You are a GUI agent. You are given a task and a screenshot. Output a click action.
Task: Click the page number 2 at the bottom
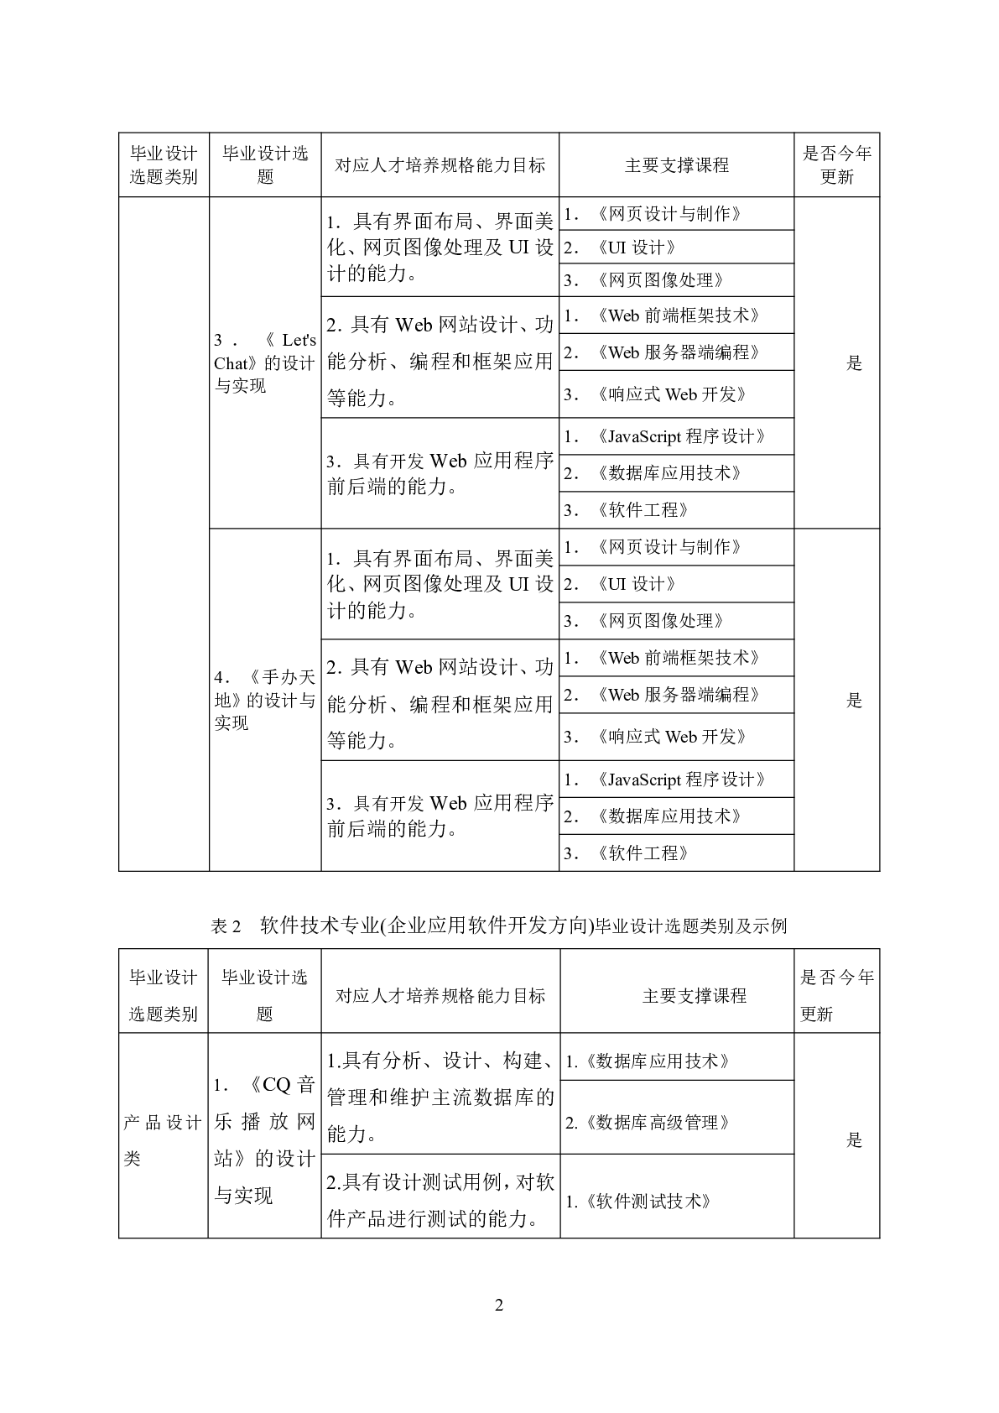pyautogui.click(x=499, y=1305)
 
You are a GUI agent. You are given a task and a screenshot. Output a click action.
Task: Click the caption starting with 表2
pyautogui.click(x=499, y=926)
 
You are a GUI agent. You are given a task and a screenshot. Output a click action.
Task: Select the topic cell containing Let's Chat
pyautogui.click(x=265, y=362)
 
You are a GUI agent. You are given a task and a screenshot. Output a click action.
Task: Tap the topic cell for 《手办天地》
pyautogui.click(x=265, y=700)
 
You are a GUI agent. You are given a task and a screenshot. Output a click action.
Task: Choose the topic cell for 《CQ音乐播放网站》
pyautogui.click(x=265, y=1139)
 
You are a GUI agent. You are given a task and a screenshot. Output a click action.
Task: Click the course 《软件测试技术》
pyautogui.click(x=639, y=1201)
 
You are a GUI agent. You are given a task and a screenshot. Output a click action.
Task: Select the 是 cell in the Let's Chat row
pyautogui.click(x=854, y=362)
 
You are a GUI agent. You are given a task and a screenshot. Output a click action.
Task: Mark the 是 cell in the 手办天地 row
pyautogui.click(x=854, y=700)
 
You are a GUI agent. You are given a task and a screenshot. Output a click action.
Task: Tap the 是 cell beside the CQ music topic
pyautogui.click(x=854, y=1139)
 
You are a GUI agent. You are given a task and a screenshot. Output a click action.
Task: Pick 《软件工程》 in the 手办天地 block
pyautogui.click(x=643, y=853)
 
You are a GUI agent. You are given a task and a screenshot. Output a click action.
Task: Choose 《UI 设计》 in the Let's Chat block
pyautogui.click(x=636, y=248)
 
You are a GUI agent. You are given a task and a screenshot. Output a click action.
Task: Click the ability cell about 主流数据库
pyautogui.click(x=440, y=1097)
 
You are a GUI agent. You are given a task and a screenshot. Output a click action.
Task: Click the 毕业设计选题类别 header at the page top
pyautogui.click(x=164, y=164)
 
